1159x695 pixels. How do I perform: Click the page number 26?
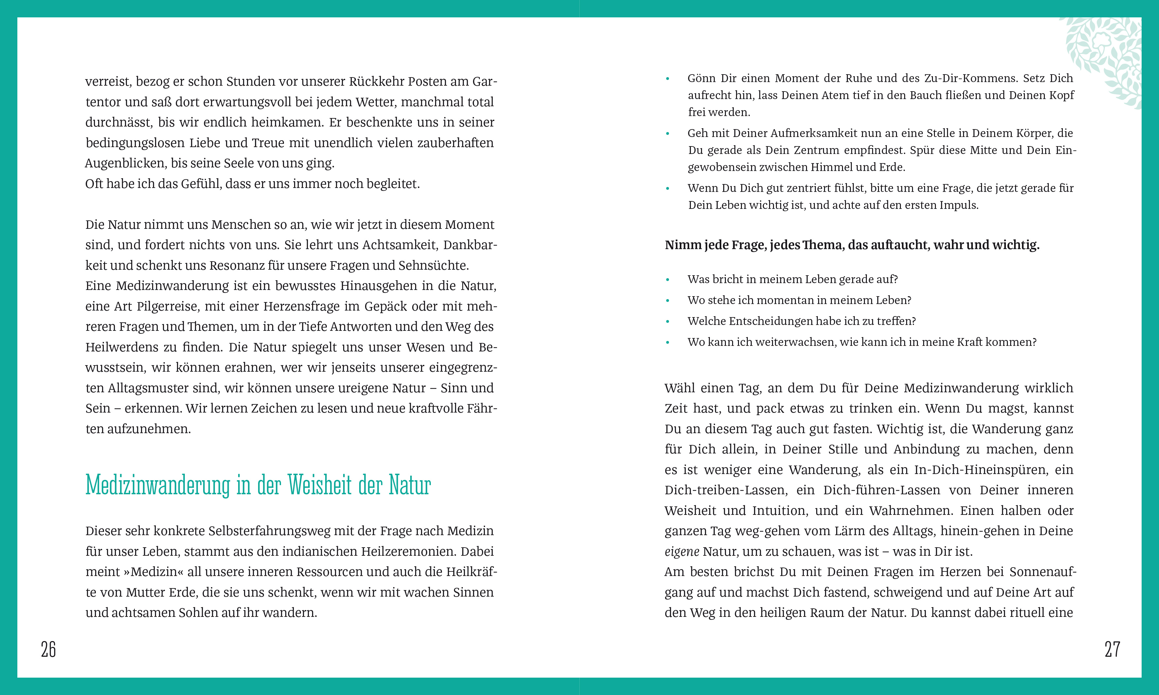pos(48,649)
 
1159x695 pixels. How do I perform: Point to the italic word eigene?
pos(682,552)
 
